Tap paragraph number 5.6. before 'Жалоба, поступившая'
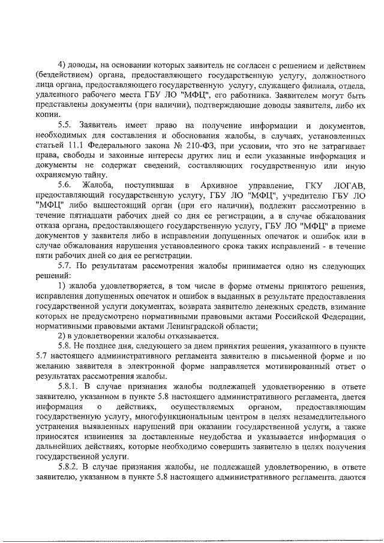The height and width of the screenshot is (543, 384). tap(68, 184)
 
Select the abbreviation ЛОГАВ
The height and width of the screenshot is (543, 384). tap(349, 184)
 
